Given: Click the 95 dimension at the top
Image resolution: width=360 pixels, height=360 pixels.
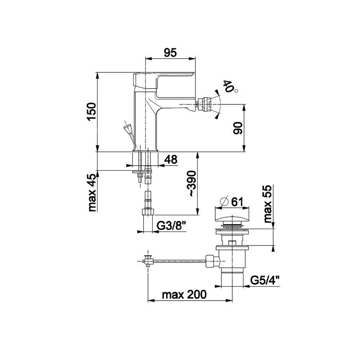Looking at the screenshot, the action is tap(170, 53).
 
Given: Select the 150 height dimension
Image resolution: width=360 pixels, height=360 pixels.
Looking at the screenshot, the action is tap(92, 112).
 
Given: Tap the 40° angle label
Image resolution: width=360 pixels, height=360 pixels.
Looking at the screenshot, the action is tap(230, 86).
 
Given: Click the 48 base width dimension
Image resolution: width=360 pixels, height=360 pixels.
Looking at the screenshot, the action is tap(171, 159).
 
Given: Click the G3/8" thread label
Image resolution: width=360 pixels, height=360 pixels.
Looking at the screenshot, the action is tap(171, 227).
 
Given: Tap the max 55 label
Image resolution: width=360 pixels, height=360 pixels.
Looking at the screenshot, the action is tap(267, 204).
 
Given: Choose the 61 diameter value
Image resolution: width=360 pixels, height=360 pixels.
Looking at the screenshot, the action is tap(237, 202).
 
